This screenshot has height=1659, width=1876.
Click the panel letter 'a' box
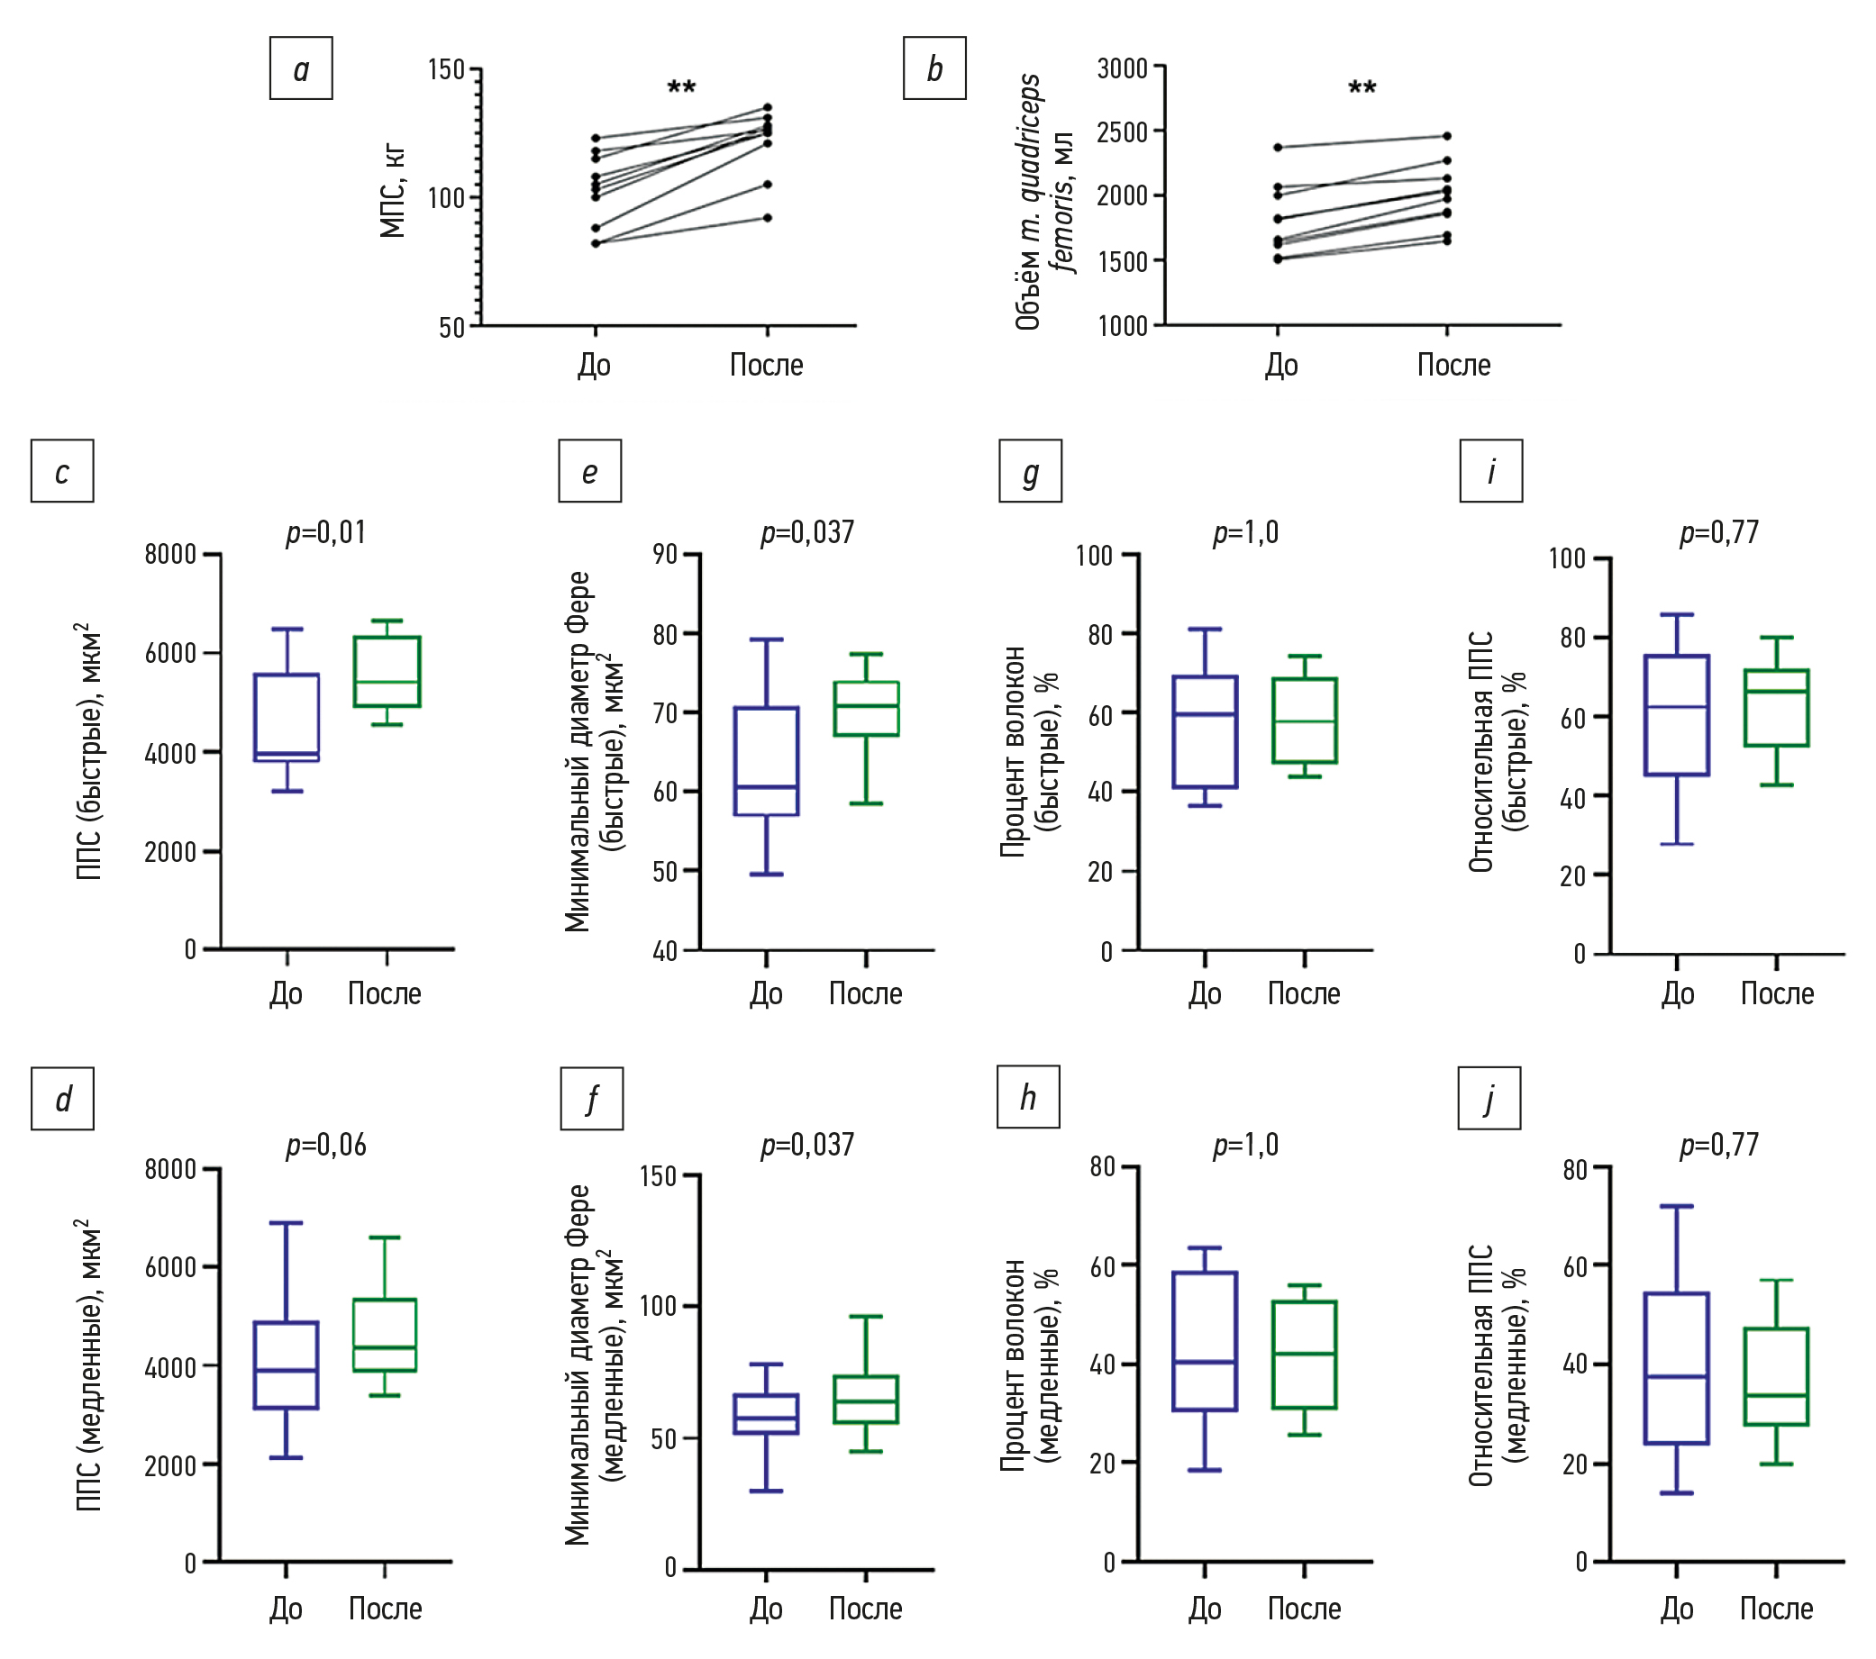(301, 68)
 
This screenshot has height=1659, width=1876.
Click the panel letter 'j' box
(1489, 1097)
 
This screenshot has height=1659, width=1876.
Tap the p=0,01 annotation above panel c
(326, 532)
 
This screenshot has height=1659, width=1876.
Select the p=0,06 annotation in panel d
(326, 1144)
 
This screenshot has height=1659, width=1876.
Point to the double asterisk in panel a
(681, 89)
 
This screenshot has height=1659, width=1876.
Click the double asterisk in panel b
(1362, 89)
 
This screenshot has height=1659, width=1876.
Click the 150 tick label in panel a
(447, 69)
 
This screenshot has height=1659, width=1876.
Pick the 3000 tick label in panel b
(1124, 68)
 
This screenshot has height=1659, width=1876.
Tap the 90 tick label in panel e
(664, 554)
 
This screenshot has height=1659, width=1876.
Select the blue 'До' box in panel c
(287, 718)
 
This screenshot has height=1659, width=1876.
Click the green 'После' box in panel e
(867, 709)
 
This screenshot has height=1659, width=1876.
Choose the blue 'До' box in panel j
(1677, 1368)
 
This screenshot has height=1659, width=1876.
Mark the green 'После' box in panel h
(1304, 1355)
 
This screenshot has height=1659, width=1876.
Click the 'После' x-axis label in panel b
(1453, 365)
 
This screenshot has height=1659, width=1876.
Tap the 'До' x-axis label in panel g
(1204, 993)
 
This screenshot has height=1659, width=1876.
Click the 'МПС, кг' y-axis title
(393, 191)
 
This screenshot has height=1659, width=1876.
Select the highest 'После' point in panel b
(1447, 136)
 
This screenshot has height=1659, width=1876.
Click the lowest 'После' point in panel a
(769, 217)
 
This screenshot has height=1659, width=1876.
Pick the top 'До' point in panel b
(1278, 147)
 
